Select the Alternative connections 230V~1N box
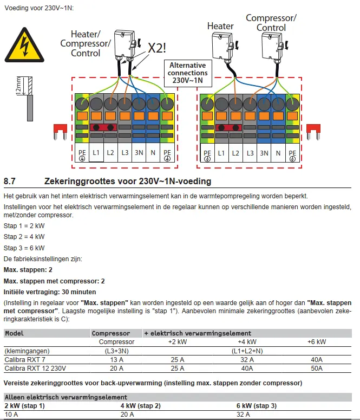coord(187,72)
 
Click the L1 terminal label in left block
coord(96,153)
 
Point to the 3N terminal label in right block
coord(264,153)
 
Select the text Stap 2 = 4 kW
coord(24,236)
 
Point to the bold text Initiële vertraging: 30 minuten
coord(50,292)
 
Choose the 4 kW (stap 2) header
coord(140,406)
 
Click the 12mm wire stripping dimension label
coord(17,85)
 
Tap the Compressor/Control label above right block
coord(271,23)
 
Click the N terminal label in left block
coord(153,153)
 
